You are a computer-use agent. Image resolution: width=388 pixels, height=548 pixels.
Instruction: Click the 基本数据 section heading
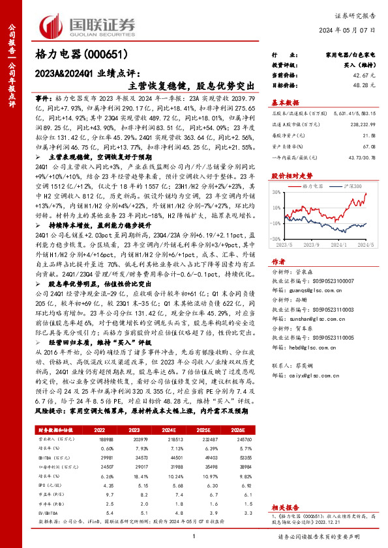(x=285, y=102)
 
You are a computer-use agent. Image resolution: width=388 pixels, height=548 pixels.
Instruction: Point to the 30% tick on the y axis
(x=276, y=193)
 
